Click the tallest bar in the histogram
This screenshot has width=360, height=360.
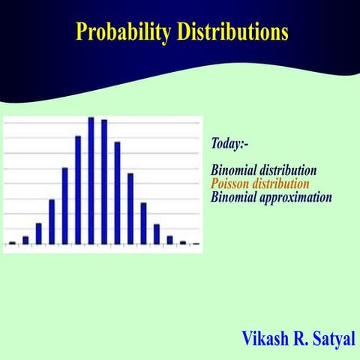coord(91,181)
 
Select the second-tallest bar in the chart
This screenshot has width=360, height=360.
coord(104,182)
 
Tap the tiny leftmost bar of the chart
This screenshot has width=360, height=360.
coord(12,243)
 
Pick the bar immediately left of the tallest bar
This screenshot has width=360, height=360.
coord(78,190)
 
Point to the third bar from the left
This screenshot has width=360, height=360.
coord(38,233)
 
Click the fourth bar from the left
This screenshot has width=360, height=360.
coord(52,222)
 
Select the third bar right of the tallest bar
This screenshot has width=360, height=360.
coord(130,209)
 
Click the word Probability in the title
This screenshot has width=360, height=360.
coord(121,33)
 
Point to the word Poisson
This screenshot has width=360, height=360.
coord(231,184)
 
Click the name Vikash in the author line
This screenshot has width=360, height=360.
coord(262,337)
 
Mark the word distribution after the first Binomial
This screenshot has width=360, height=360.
coord(289,170)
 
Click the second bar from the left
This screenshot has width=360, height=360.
coord(25,240)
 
